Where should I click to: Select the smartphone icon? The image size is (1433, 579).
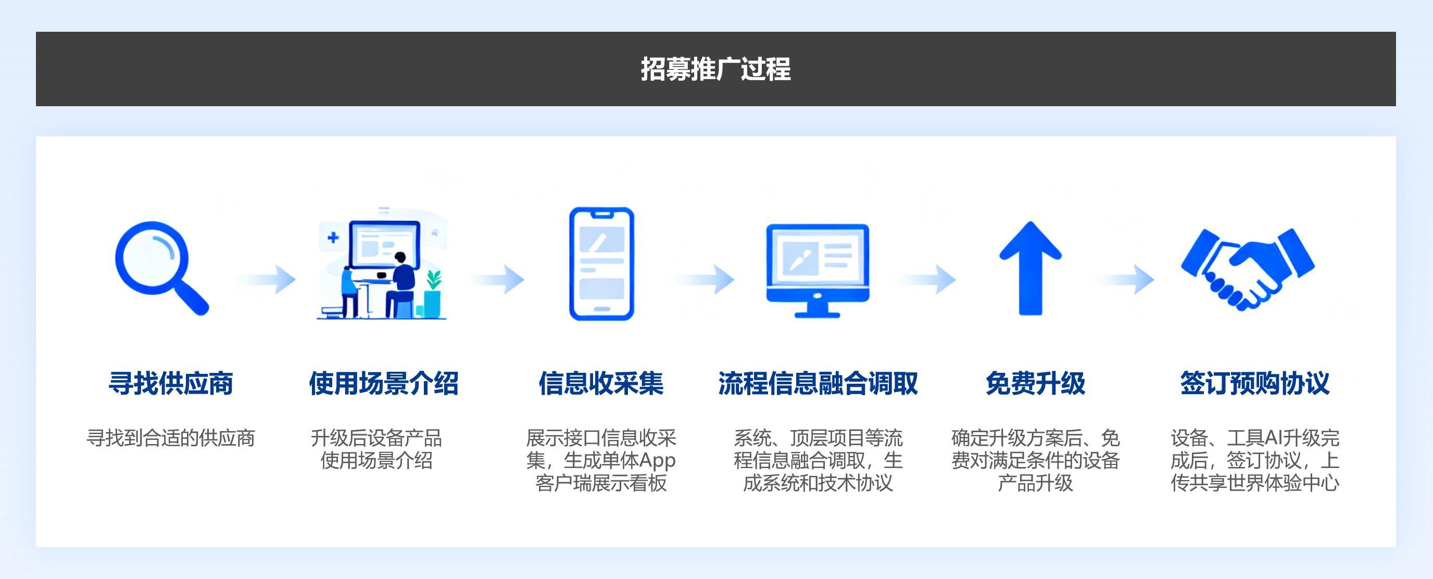tap(601, 263)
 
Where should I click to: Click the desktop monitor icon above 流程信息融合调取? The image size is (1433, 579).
tap(817, 269)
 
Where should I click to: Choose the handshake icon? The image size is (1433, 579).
tap(1247, 268)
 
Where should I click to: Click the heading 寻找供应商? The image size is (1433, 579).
tap(170, 383)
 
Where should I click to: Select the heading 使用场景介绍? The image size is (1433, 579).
tap(383, 383)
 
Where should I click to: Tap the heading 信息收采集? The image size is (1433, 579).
tap(601, 383)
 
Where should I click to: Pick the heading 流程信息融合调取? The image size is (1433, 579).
tap(818, 383)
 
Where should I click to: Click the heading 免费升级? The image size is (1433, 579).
tap(1035, 383)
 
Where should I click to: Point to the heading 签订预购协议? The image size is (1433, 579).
tap(1254, 383)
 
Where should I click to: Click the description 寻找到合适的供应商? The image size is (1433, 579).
tap(170, 438)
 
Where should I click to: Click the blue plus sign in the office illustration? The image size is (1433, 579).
tap(333, 238)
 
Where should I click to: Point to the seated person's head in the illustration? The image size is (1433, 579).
tap(400, 258)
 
